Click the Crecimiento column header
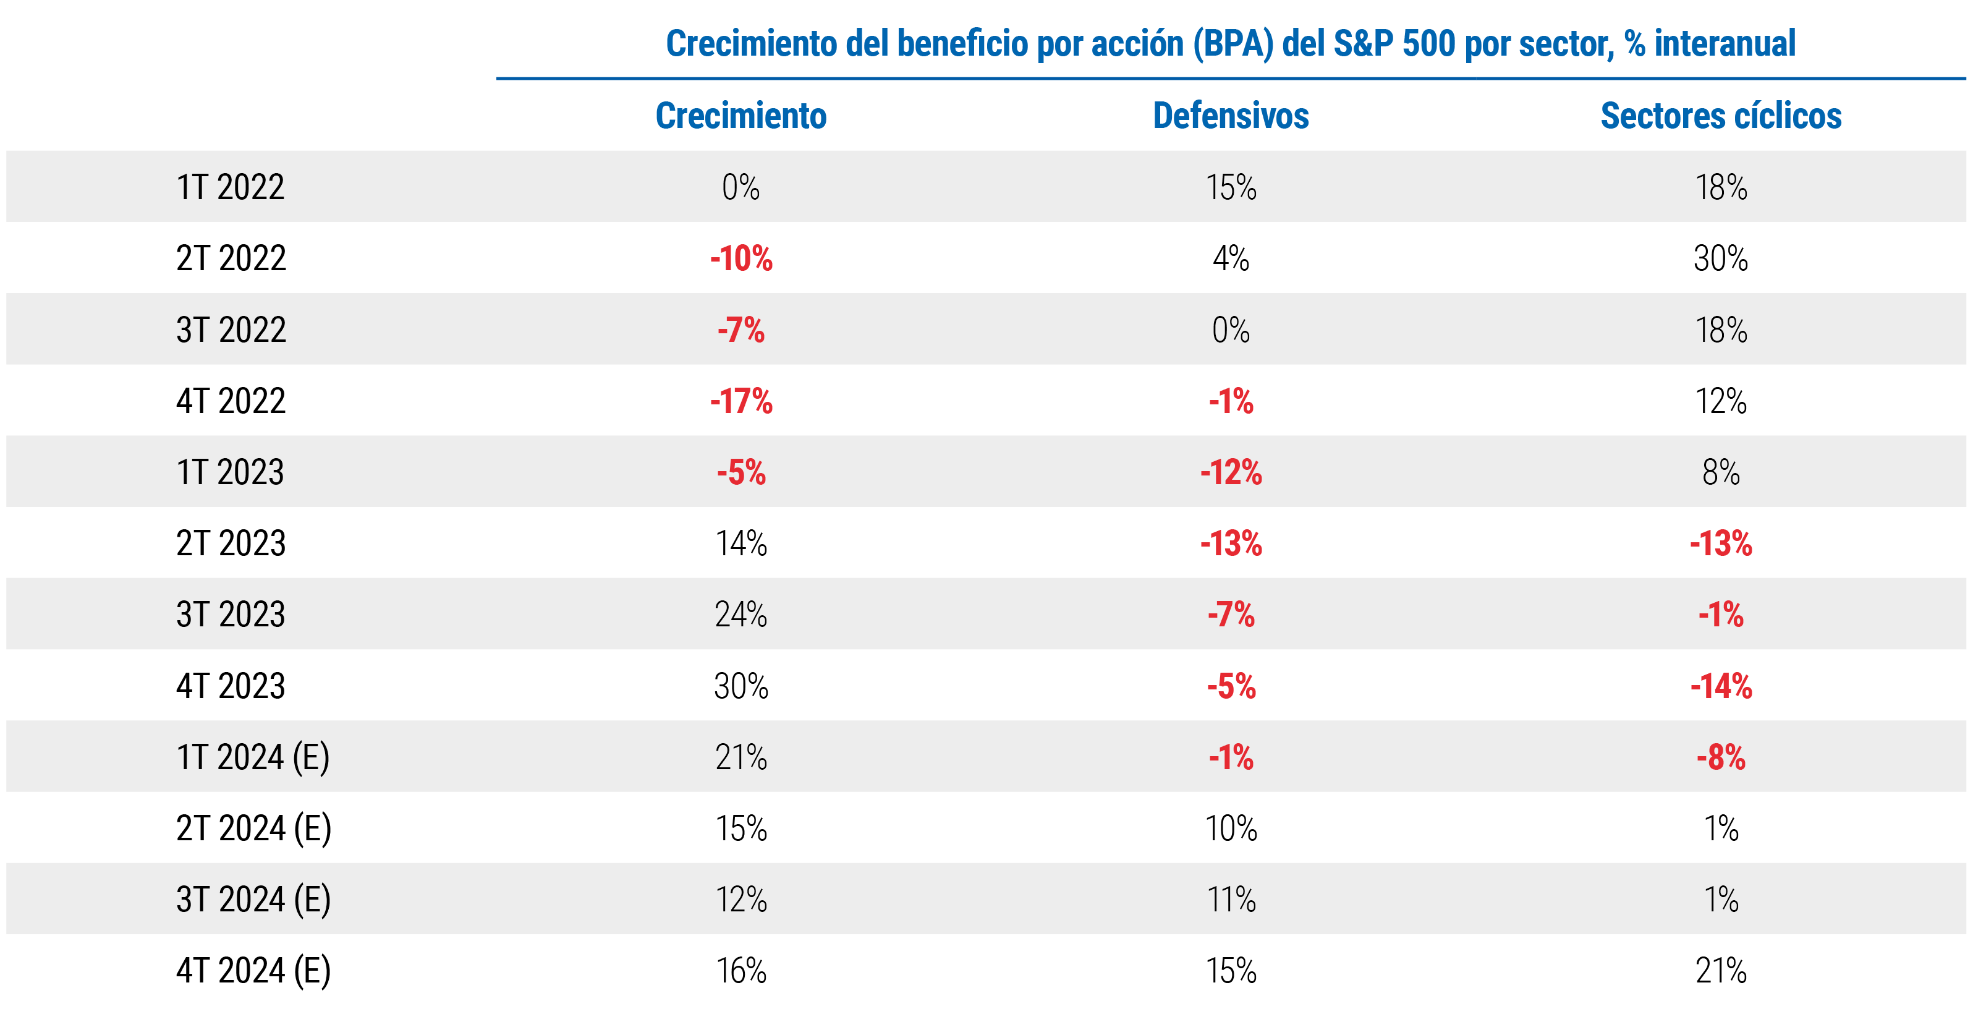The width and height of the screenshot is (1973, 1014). point(740,116)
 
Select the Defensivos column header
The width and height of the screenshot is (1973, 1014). point(1231,116)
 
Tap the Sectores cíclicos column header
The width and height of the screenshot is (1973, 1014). point(1721,116)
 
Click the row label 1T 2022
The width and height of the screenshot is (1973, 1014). point(231,187)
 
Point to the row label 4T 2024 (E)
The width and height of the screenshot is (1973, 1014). point(253,970)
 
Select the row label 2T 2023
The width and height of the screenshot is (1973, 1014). point(231,543)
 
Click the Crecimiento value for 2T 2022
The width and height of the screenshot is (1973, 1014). point(740,258)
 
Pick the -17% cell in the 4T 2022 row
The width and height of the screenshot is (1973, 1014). point(740,401)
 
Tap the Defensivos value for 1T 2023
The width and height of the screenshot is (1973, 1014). point(1231,472)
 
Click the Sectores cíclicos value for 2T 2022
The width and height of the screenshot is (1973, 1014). point(1721,258)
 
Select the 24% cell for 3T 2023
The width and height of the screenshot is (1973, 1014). point(740,614)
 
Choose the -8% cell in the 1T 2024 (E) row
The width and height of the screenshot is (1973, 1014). point(1721,757)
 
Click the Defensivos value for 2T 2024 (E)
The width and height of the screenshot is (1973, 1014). point(1231,828)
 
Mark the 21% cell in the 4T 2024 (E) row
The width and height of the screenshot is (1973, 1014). point(1721,970)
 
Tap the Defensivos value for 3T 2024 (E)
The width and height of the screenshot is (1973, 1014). point(1231,899)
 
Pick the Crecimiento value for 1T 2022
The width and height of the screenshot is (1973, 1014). point(740,187)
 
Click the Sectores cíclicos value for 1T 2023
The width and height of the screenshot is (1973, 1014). point(1721,472)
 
